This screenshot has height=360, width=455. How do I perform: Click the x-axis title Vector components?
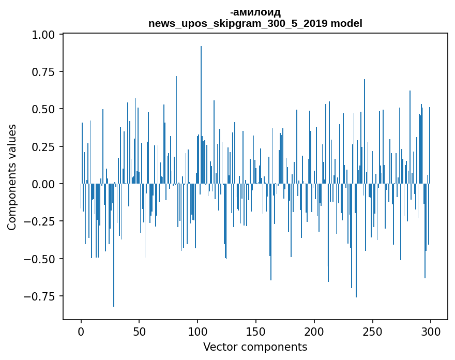[255, 347]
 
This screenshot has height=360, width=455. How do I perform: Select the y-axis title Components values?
[12, 177]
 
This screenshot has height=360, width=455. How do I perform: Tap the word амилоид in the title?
[256, 12]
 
